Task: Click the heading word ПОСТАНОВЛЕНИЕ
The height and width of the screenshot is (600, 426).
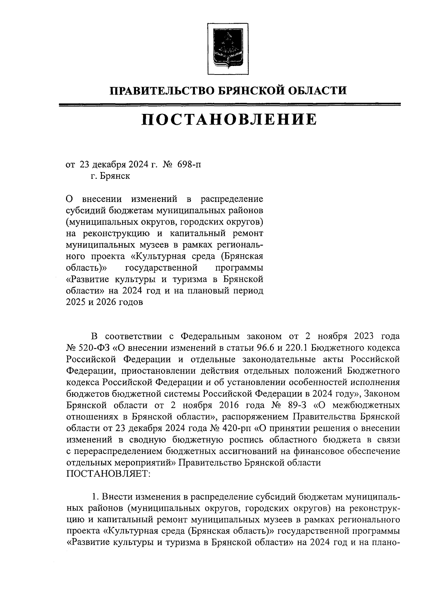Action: [x=229, y=120]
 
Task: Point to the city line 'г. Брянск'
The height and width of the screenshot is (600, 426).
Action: [x=110, y=176]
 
